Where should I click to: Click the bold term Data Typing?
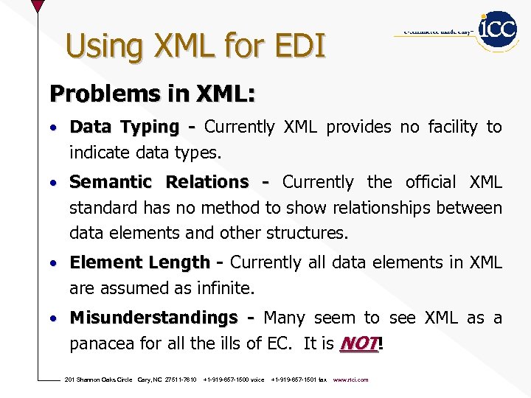point(124,128)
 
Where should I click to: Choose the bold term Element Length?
point(140,262)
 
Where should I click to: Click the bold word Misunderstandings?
point(153,318)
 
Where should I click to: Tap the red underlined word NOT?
point(358,343)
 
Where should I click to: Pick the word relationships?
point(381,208)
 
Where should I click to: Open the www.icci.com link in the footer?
point(351,380)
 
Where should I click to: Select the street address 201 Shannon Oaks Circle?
point(99,380)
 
